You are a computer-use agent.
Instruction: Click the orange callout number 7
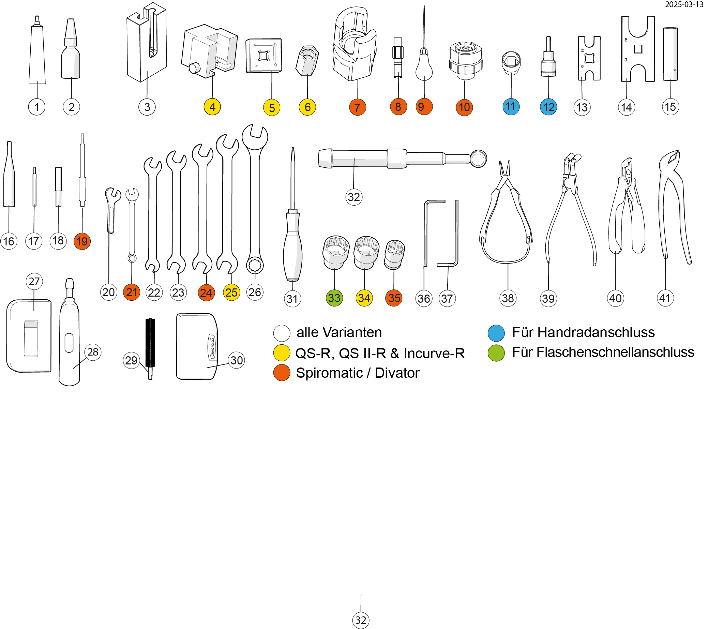coord(358,107)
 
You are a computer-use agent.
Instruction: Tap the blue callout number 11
coord(511,106)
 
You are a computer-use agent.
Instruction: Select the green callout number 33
coord(334,298)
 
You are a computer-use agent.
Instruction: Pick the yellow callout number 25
coord(231,292)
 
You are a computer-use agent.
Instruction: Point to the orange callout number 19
coord(82,241)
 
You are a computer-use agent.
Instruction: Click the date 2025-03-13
coord(684,4)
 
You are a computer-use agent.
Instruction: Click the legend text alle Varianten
coord(339,332)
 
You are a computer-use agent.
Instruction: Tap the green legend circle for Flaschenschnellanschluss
coord(496,353)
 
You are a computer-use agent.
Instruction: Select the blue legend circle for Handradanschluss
coord(496,333)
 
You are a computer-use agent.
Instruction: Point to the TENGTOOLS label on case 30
coord(212,346)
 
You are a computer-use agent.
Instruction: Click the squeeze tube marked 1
coord(37,56)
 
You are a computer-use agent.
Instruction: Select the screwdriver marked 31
coord(293,242)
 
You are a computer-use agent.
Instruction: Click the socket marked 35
coord(394,255)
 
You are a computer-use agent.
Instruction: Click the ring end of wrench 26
coord(255,266)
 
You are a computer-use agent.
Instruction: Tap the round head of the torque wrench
coord(478,159)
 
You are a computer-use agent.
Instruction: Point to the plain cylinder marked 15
coord(670,54)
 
